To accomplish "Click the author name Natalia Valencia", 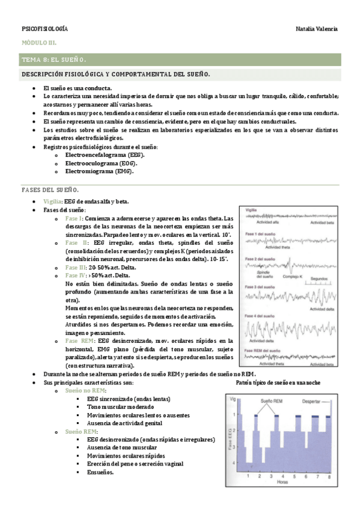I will click(x=317, y=29).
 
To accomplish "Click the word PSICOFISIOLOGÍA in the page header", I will click(x=44, y=29).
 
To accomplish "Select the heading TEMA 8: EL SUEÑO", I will click(x=54, y=60).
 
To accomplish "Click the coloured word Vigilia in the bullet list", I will click(x=52, y=201).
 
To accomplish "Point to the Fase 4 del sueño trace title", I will click(x=258, y=316).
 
